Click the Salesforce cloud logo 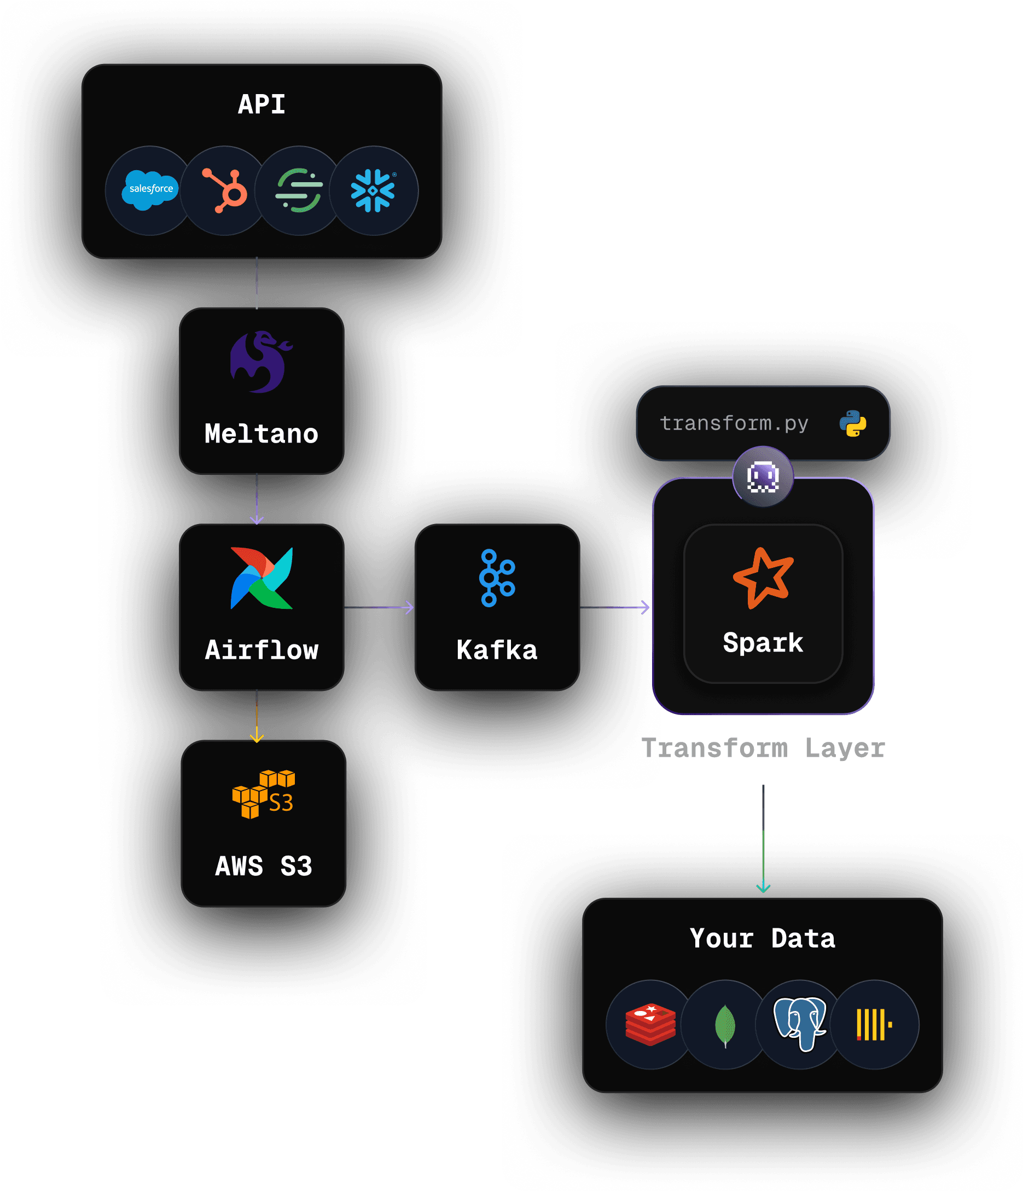click(149, 190)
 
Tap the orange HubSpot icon click(225, 191)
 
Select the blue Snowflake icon click(373, 191)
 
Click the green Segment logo click(299, 191)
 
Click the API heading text click(261, 104)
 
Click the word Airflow click(261, 650)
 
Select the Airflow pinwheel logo click(261, 578)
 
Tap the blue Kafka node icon click(497, 578)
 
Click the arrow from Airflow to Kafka click(379, 608)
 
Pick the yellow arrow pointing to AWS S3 click(257, 718)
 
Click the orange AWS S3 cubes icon click(263, 794)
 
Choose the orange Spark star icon click(763, 578)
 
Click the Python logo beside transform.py click(853, 423)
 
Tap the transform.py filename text click(734, 423)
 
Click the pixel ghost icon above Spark click(763, 477)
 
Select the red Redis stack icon click(650, 1024)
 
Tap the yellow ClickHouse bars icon click(874, 1024)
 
